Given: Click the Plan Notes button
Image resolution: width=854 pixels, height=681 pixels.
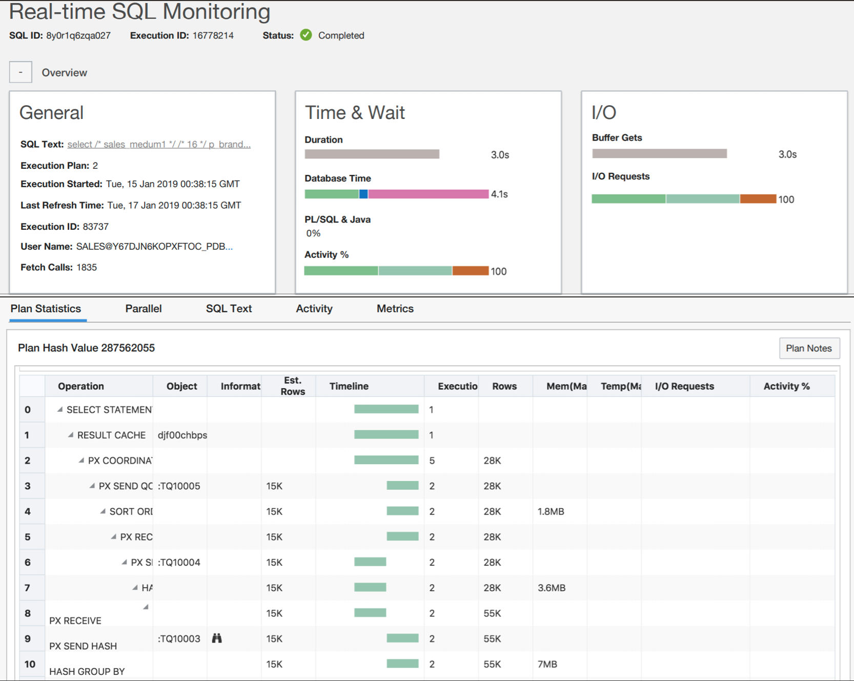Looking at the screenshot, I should click(x=808, y=348).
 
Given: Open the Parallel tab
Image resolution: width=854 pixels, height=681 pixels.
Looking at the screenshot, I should click(x=144, y=309).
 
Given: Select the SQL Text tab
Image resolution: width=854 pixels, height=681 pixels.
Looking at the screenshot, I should click(x=229, y=309).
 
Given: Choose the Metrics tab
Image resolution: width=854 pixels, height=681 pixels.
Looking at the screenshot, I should click(x=395, y=309).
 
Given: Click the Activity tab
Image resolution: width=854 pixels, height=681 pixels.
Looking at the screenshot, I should click(x=314, y=309).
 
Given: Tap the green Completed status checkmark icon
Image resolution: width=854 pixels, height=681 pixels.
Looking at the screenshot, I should click(x=306, y=35).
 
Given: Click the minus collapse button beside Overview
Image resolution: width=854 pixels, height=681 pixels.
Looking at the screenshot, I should click(x=21, y=72).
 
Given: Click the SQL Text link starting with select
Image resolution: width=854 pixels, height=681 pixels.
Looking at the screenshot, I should click(x=159, y=145).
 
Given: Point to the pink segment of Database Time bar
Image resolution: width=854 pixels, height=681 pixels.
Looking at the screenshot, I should click(x=428, y=194).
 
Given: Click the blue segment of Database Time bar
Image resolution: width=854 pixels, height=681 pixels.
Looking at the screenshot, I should click(x=363, y=194).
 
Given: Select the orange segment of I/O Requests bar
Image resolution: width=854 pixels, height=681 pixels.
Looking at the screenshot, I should click(x=758, y=199).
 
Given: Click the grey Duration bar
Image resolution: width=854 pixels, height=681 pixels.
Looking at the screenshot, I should click(x=372, y=154).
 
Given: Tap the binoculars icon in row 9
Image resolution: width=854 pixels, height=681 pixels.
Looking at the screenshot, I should click(x=217, y=638).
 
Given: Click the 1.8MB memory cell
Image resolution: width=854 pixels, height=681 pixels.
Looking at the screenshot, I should click(x=551, y=511).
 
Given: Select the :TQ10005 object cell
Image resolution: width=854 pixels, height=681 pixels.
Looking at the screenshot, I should click(x=179, y=486).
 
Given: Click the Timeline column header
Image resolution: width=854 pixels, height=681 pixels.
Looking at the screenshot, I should click(x=349, y=386).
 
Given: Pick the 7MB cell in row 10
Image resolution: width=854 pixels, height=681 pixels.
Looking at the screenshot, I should click(x=547, y=664).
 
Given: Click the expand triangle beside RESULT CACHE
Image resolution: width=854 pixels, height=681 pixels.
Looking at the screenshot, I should click(x=71, y=435).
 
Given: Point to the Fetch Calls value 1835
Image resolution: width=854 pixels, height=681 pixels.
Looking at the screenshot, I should click(x=87, y=267).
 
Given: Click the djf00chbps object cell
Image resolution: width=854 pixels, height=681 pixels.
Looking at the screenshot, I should click(x=182, y=435).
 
